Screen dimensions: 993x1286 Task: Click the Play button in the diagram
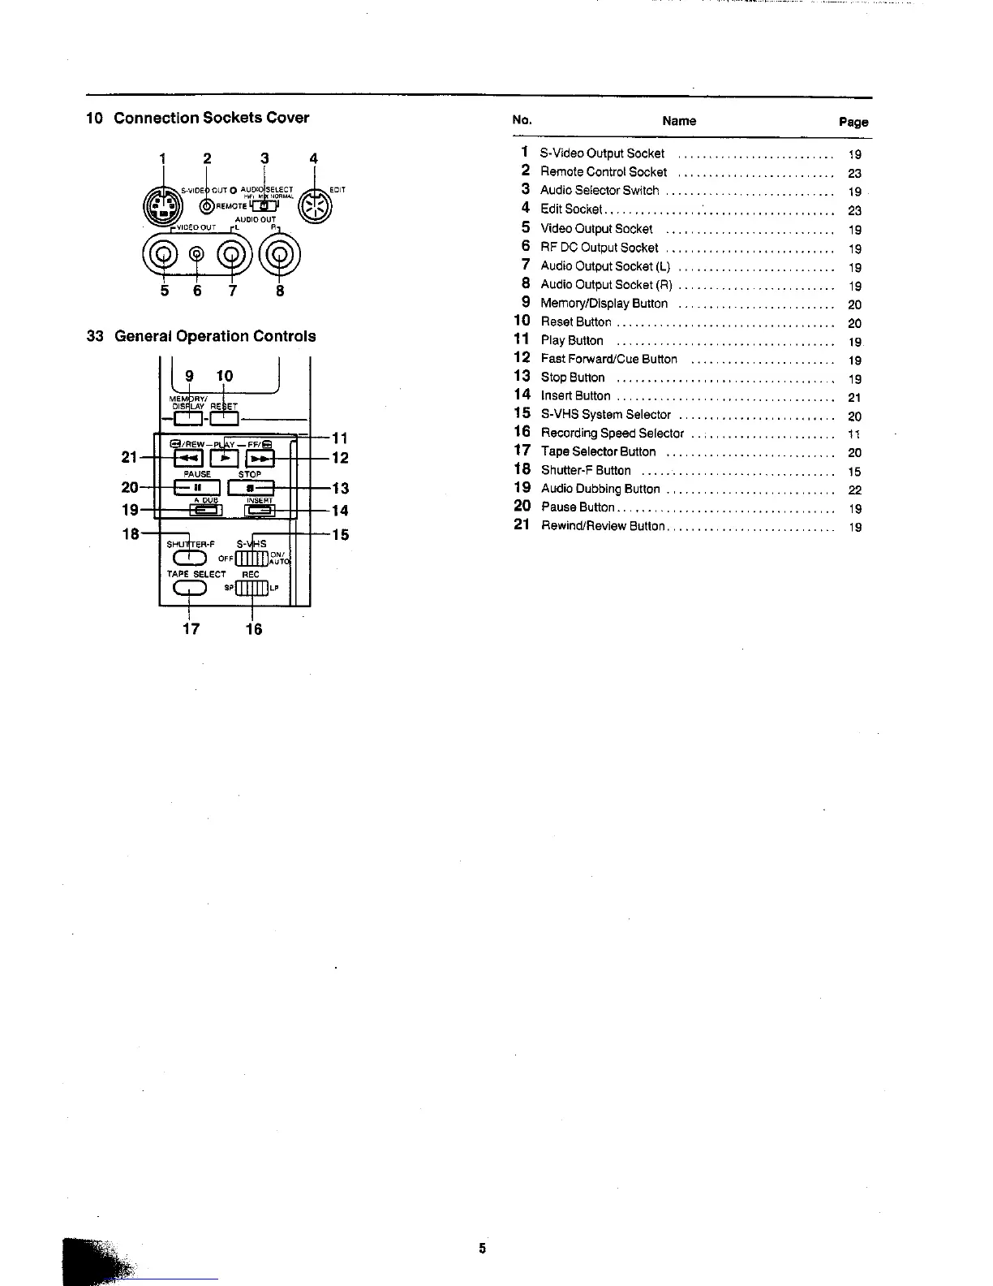(x=226, y=459)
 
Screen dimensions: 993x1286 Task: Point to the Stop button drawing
(x=251, y=488)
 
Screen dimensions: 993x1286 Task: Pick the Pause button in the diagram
(x=197, y=488)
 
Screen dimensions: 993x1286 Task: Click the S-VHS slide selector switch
(x=251, y=559)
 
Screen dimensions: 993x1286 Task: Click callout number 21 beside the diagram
(x=129, y=458)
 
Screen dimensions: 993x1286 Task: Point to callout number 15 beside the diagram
(x=341, y=535)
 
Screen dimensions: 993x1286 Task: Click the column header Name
(x=679, y=121)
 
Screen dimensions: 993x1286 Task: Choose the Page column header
(x=853, y=122)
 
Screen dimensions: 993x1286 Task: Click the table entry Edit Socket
(x=571, y=209)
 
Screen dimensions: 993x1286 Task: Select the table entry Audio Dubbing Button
(x=600, y=489)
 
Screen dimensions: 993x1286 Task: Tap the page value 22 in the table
(x=854, y=490)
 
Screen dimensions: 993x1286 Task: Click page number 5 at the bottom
(x=482, y=1249)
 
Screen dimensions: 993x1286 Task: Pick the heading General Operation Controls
(x=215, y=336)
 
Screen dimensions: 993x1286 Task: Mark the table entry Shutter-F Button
(x=586, y=470)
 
